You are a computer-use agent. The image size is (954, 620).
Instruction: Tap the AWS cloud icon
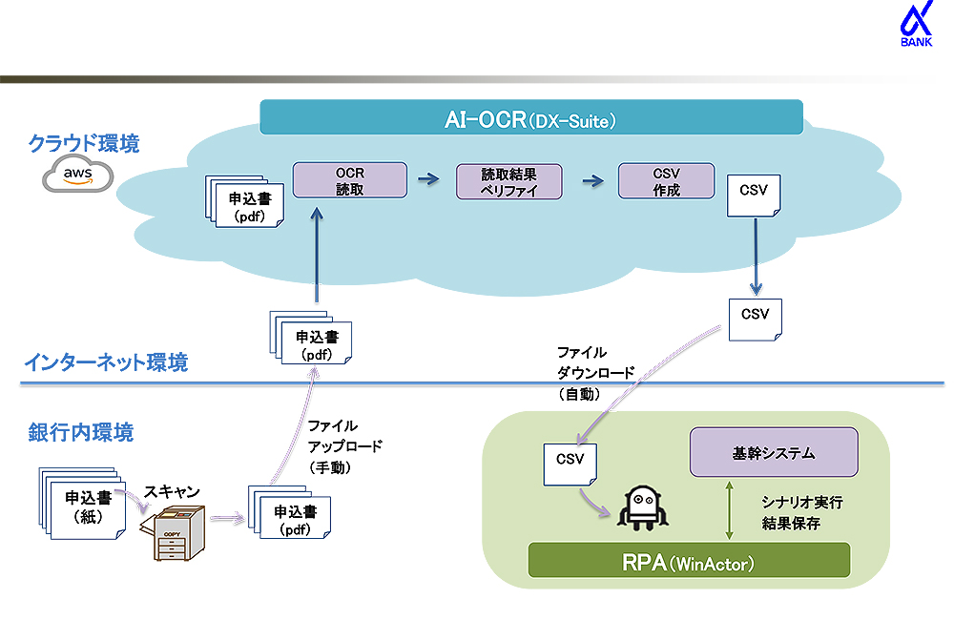coord(78,175)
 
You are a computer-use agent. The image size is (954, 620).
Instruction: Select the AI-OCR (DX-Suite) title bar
coord(530,120)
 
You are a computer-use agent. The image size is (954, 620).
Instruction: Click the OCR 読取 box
coord(349,180)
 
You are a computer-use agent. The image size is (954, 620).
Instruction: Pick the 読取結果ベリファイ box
coord(508,181)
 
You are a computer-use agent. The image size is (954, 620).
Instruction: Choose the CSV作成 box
coord(666,180)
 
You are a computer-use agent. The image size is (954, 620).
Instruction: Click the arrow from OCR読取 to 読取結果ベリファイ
coord(429,178)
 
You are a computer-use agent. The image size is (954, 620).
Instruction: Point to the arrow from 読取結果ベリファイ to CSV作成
coord(592,180)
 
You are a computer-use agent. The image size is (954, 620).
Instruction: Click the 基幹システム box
coord(774,452)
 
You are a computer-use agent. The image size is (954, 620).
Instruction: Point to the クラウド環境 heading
coord(84,144)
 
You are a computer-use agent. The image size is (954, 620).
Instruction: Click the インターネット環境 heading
coord(106,362)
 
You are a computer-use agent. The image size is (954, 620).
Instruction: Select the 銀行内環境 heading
coord(80,432)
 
